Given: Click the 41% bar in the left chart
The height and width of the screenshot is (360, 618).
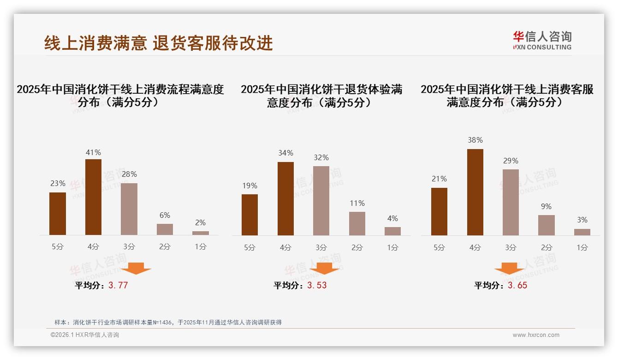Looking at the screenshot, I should (x=94, y=197).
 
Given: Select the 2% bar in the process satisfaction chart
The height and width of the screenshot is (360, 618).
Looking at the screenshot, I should (x=201, y=233).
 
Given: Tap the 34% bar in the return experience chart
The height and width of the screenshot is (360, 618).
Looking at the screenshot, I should (x=285, y=198).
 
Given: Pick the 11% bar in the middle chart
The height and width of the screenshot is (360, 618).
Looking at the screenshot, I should (x=357, y=223).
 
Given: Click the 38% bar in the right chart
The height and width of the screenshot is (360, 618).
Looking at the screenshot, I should (x=475, y=192).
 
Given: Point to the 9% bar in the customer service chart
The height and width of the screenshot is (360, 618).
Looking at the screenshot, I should (x=547, y=225).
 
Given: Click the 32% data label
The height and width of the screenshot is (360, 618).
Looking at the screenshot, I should (x=321, y=157).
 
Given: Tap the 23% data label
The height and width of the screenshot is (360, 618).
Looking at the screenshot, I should (x=58, y=183).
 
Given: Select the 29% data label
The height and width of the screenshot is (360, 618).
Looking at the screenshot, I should (x=511, y=161).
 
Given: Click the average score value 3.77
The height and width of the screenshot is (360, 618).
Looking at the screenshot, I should (x=118, y=285).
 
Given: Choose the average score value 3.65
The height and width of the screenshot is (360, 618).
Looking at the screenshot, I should (x=517, y=285).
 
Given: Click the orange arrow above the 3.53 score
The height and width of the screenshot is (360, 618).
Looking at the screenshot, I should (x=324, y=268).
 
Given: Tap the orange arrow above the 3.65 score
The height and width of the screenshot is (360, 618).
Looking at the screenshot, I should (x=510, y=268).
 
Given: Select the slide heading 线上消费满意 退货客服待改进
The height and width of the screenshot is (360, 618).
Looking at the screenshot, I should (x=159, y=43).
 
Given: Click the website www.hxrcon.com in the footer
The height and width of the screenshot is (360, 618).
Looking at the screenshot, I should (x=536, y=335).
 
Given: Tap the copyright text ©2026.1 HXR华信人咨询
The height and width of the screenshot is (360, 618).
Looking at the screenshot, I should (x=85, y=335).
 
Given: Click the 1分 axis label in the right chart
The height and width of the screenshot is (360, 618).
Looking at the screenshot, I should (x=582, y=247).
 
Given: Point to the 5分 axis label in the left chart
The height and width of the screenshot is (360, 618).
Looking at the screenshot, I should (x=58, y=246).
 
